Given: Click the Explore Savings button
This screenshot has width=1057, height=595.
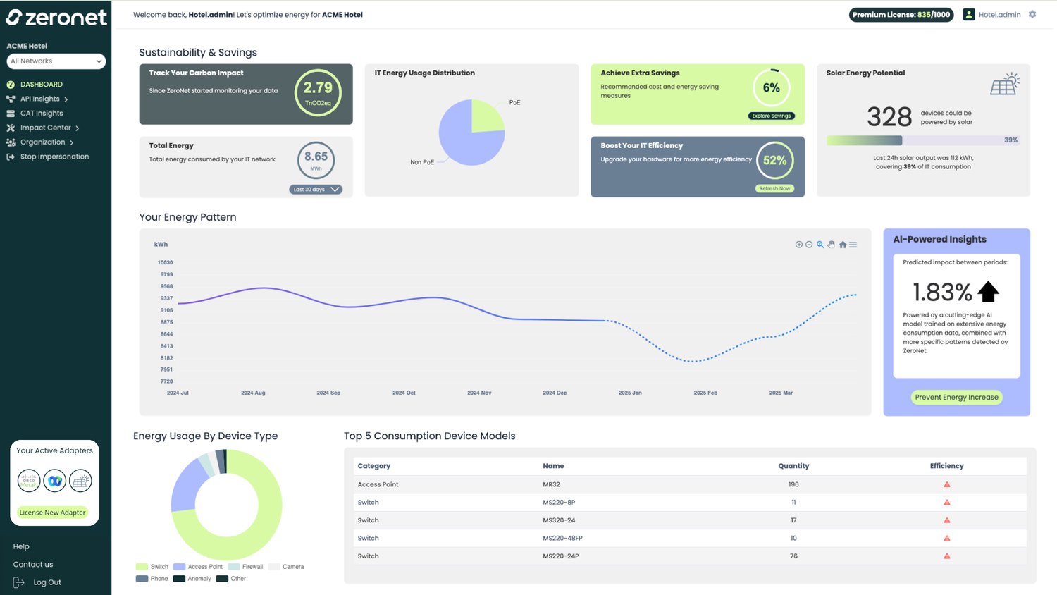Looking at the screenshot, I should (x=771, y=116).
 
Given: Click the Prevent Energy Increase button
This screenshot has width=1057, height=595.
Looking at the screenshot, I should (x=956, y=397).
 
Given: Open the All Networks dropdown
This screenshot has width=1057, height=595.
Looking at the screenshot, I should (x=56, y=61).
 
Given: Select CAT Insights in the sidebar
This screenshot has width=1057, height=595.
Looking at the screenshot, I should (x=42, y=113).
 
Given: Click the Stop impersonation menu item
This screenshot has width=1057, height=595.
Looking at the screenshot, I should (x=54, y=157).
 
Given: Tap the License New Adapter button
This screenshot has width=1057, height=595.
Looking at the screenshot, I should (x=52, y=513).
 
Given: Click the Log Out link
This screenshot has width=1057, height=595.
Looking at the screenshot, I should (x=47, y=582).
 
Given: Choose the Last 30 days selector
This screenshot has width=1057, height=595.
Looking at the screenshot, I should (x=315, y=189).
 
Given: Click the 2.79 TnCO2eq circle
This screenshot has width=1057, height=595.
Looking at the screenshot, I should (x=318, y=92).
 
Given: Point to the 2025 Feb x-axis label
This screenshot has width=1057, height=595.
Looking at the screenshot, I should (x=705, y=393).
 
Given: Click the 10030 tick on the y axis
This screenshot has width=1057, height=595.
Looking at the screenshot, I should (x=165, y=262).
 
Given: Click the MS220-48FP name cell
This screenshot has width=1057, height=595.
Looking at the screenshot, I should (x=562, y=538).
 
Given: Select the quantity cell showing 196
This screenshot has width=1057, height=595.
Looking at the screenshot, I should (x=793, y=484).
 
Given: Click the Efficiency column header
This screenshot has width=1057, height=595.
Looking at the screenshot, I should (x=946, y=466).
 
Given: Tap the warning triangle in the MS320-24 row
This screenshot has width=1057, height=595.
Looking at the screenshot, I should (x=946, y=520).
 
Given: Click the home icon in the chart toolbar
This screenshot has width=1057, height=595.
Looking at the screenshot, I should (x=842, y=245).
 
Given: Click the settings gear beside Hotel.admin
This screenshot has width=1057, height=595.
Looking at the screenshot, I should (x=1032, y=14).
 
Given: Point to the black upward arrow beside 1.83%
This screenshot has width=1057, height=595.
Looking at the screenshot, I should (x=988, y=291).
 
